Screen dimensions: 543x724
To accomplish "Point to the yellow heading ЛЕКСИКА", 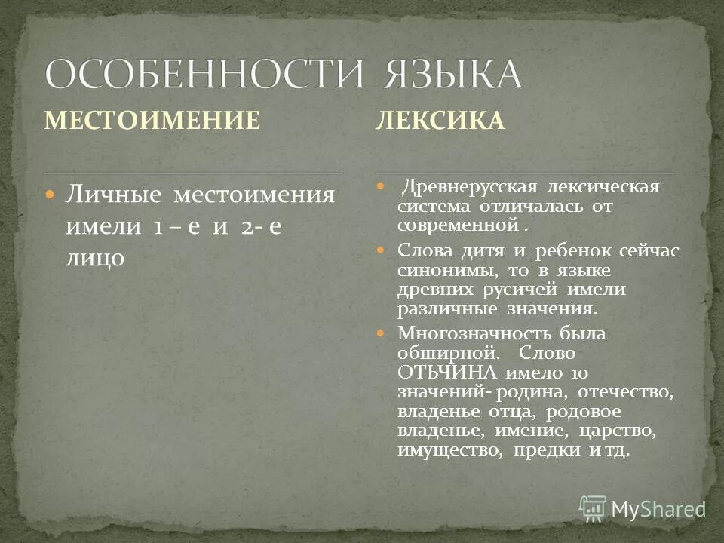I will (x=440, y=121).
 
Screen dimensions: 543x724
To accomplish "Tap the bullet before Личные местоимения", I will (x=51, y=195).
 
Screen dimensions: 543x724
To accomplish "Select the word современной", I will (x=458, y=225).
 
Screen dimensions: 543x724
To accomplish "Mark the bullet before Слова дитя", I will (x=381, y=249).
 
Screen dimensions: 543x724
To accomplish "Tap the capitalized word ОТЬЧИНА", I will (x=446, y=373).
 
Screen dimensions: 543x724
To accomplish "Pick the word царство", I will (x=614, y=431).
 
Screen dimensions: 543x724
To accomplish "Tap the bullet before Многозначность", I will (x=381, y=333).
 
